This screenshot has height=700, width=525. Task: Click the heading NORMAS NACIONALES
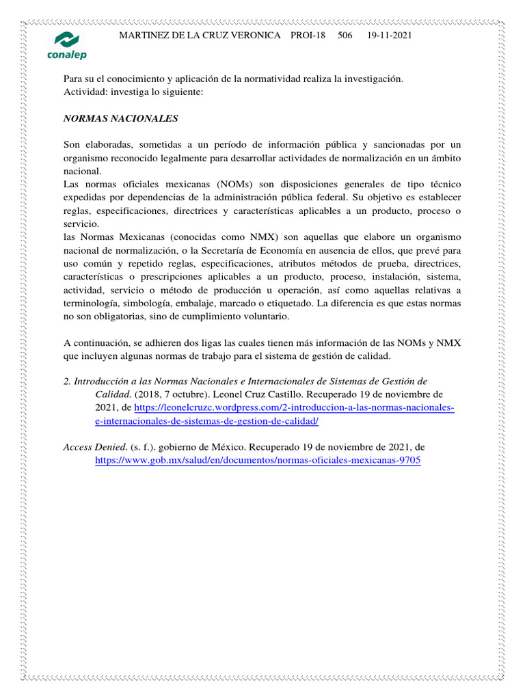120,118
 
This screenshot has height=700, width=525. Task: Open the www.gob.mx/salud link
257,460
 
